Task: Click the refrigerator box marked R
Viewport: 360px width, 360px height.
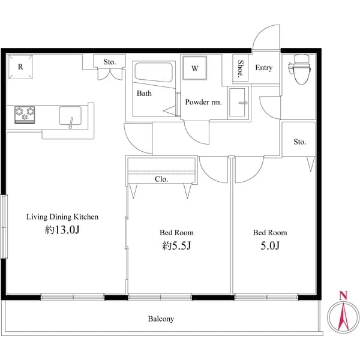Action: (x=20, y=68)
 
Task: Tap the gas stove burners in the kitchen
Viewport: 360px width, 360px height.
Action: (x=26, y=114)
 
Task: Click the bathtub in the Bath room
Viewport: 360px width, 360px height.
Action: (x=153, y=74)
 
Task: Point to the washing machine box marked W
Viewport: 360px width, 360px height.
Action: (x=195, y=68)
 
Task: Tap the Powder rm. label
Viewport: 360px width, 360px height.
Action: (x=203, y=102)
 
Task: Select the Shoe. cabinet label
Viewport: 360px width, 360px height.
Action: (x=241, y=67)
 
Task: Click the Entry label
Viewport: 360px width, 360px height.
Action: (x=263, y=68)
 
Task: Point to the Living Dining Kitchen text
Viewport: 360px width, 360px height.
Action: (x=61, y=217)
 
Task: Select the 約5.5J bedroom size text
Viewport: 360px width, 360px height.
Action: (x=176, y=245)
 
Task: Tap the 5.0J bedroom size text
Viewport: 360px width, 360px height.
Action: (x=269, y=245)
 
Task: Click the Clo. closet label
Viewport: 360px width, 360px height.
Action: (x=161, y=179)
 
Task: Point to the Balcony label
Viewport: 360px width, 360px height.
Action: (x=161, y=319)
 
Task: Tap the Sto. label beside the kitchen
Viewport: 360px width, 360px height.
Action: (x=109, y=61)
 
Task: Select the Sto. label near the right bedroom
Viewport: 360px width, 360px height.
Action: (x=299, y=142)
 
